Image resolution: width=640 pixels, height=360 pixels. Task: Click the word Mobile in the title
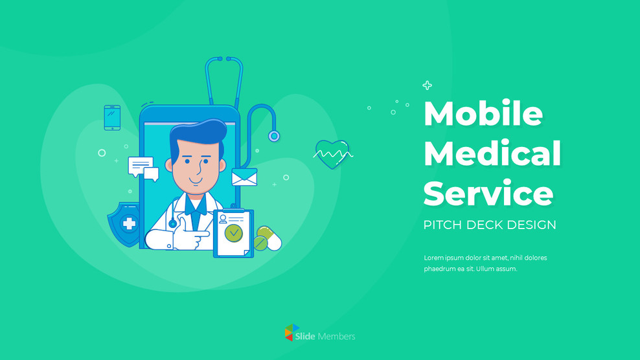click(483, 114)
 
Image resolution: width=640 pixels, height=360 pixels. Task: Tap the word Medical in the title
click(492, 153)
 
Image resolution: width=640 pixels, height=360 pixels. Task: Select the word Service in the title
click(488, 193)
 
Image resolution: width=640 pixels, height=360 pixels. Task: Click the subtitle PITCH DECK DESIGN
click(490, 225)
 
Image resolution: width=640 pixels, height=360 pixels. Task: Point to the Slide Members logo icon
click(292, 333)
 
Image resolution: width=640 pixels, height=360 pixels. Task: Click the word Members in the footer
click(336, 336)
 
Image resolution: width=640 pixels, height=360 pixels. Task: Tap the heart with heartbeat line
click(332, 155)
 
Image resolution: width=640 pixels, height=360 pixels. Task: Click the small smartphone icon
click(112, 118)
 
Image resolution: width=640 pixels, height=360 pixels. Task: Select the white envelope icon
click(244, 177)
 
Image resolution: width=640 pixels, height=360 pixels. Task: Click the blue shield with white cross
click(127, 223)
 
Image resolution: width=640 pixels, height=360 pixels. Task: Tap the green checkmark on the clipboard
click(233, 231)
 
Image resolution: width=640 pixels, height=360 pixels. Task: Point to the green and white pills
click(268, 239)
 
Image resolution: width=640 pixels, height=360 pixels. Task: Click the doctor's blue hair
click(198, 133)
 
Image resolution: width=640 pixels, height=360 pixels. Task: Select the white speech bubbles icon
click(143, 168)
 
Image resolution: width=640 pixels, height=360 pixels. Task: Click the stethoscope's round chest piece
click(275, 136)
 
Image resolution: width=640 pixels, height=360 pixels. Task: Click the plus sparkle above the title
click(427, 85)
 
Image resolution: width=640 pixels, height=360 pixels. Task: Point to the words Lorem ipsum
click(442, 258)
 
